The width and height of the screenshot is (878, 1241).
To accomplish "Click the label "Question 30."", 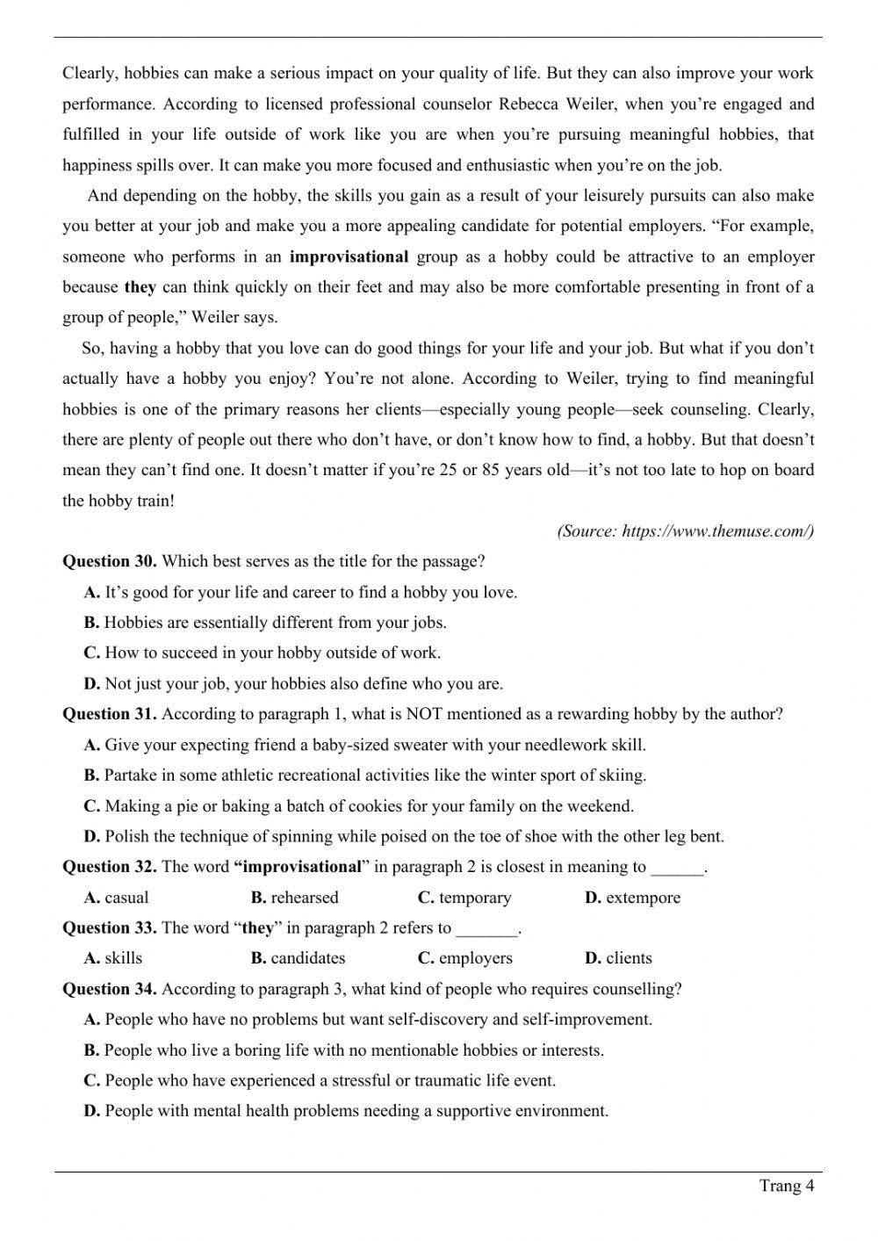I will click(x=110, y=561).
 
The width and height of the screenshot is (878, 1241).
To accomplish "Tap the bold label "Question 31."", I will click(x=110, y=714).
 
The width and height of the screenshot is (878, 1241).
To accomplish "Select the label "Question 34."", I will click(x=110, y=989).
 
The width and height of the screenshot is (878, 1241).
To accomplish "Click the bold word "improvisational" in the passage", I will click(x=349, y=256).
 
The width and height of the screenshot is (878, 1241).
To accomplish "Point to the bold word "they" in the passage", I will click(x=140, y=287).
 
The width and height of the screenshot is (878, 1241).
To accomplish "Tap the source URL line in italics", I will click(x=685, y=531).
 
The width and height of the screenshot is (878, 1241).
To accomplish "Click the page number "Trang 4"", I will click(x=787, y=1187).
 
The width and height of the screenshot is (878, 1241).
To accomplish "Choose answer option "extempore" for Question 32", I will click(x=643, y=898).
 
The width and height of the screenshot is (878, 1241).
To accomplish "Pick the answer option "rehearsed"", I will click(x=304, y=898).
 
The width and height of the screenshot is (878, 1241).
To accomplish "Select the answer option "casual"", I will click(x=126, y=898).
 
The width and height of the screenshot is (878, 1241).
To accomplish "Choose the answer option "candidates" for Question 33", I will click(x=307, y=958).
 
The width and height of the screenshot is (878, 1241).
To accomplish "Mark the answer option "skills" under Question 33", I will click(x=123, y=958).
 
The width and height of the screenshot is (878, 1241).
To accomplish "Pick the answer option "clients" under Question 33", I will click(x=629, y=958).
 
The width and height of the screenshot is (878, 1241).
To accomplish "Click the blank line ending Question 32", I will click(x=677, y=868).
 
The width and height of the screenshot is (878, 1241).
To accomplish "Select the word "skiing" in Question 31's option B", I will click(x=623, y=776).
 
